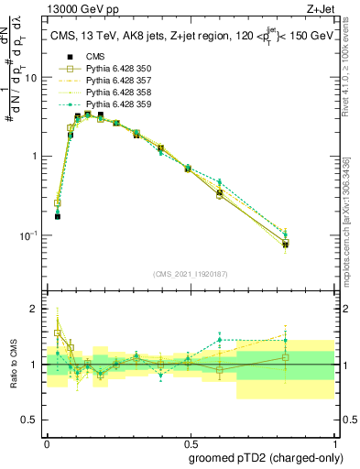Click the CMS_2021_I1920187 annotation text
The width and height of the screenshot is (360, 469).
(191, 273)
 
